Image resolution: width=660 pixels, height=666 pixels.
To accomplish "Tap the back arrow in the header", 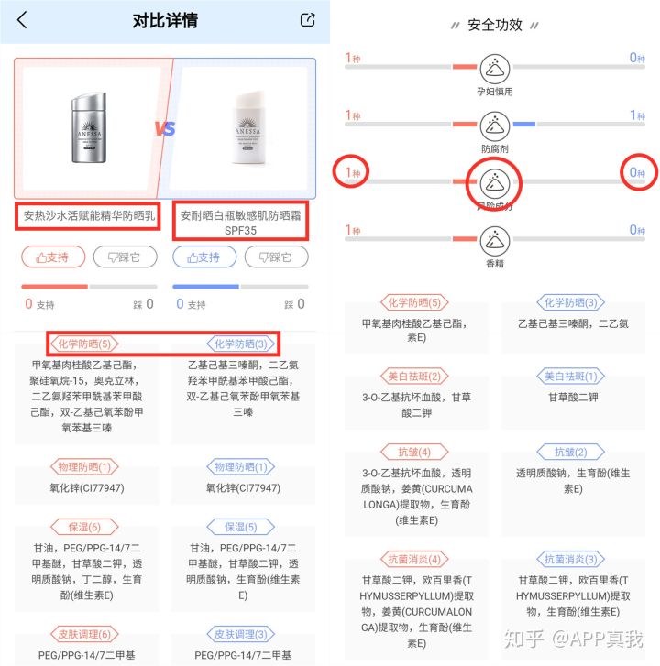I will (22, 20).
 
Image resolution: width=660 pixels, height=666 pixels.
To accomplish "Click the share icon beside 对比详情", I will (307, 20).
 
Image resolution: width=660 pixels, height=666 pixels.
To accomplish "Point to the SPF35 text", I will (241, 231).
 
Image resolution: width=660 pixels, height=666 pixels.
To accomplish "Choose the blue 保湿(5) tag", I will (241, 527).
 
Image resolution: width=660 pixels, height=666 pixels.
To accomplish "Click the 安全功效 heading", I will (494, 25).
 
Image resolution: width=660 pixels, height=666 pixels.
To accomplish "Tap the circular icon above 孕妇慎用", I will (495, 67).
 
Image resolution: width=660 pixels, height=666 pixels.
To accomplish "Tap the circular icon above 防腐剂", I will (495, 124).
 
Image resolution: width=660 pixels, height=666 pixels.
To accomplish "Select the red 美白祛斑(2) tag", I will (416, 377).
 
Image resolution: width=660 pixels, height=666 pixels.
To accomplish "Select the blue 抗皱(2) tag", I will (570, 453).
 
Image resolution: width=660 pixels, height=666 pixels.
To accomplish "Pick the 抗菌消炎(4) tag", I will (416, 559).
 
